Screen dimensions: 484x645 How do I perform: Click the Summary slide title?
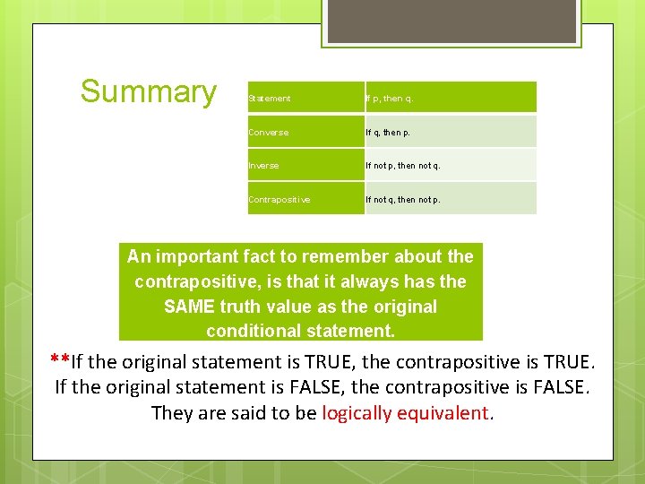[148, 91]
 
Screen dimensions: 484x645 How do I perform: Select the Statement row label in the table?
[270, 99]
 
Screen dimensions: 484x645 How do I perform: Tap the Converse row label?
[269, 133]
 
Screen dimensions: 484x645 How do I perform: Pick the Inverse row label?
[263, 166]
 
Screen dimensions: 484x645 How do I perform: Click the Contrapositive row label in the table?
[279, 200]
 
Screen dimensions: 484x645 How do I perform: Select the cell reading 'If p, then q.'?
[390, 99]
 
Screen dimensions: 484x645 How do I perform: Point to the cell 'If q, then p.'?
[390, 133]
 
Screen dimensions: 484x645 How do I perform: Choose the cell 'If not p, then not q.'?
[403, 166]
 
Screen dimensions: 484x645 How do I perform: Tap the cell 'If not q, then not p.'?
[403, 200]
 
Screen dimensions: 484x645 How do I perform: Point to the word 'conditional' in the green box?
[253, 331]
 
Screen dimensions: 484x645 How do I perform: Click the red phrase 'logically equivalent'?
[408, 413]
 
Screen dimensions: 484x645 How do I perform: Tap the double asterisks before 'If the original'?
[60, 360]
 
